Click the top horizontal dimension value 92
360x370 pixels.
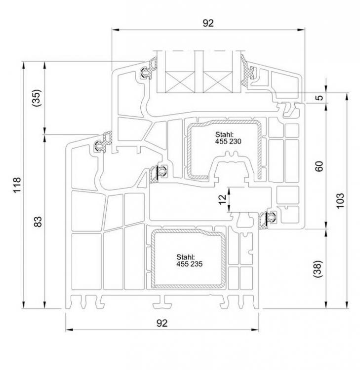click(208, 23)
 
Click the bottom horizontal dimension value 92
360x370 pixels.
click(162, 323)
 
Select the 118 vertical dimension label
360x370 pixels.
click(17, 185)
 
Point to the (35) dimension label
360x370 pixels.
click(37, 98)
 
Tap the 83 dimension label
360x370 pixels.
click(38, 222)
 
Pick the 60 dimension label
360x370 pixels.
click(319, 166)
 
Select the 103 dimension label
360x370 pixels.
click(340, 201)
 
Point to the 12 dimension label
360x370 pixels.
click(223, 200)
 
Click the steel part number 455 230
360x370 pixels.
click(228, 142)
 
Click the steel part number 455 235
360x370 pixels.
click(190, 264)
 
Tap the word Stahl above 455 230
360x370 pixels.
click(224, 135)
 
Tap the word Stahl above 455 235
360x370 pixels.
click(186, 257)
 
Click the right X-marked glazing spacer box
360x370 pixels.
click(218, 81)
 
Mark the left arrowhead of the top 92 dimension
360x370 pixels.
click(115, 30)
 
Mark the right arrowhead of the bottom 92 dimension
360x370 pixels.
click(255, 330)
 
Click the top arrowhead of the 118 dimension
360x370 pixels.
click(23, 65)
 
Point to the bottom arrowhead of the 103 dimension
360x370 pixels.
click(347, 305)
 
